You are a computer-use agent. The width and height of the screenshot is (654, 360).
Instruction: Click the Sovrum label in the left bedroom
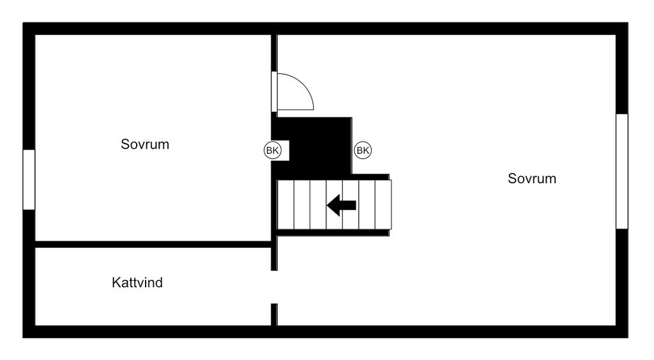145,144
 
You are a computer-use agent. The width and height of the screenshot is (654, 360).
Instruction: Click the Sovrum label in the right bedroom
532,178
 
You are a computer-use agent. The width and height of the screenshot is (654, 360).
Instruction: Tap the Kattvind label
137,283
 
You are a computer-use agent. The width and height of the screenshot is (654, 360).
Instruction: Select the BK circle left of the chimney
272,150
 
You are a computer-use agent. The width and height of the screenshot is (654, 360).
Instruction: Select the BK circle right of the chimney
363,150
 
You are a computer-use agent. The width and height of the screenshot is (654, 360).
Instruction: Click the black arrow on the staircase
341,205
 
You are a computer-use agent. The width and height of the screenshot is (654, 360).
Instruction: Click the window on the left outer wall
29,179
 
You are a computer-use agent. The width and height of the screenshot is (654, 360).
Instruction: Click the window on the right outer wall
622,171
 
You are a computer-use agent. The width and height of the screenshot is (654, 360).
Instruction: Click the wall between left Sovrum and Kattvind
153,244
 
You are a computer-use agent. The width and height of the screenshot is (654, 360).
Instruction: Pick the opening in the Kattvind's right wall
275,287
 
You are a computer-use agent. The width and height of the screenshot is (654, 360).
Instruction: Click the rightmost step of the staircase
384,205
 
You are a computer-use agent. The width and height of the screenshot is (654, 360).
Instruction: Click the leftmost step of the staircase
285,205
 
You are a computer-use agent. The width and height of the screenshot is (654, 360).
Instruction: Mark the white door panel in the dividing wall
274,92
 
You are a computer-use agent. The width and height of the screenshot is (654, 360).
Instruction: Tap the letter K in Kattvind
116,283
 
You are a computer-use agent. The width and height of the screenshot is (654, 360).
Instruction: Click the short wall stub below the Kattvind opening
275,315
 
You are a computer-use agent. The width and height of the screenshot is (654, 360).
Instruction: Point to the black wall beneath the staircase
333,232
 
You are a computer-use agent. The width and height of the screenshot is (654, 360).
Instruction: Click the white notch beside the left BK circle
285,151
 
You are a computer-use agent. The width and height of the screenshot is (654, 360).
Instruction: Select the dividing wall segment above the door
274,53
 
